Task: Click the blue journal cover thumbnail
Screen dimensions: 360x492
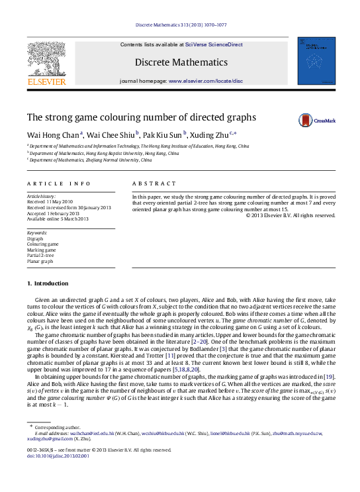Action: click(x=316, y=61)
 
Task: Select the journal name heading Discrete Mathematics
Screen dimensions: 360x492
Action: click(x=181, y=62)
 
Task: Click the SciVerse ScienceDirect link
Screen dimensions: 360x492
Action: click(x=214, y=44)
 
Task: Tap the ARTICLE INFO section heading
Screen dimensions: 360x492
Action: click(x=50, y=183)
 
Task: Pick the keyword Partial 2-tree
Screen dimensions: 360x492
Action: click(x=40, y=256)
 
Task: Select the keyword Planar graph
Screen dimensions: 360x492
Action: click(x=40, y=262)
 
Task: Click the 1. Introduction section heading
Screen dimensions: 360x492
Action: click(x=47, y=283)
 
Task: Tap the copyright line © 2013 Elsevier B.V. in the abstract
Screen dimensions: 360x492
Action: click(x=291, y=215)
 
